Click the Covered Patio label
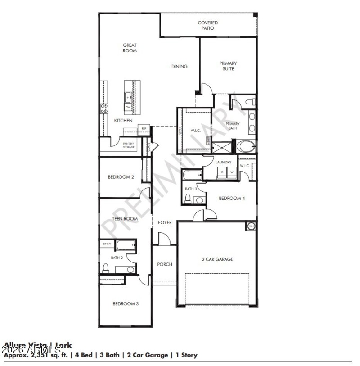[x=208, y=25]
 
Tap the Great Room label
[x=130, y=48]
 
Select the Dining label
[x=179, y=67]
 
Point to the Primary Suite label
[x=228, y=66]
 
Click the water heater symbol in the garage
[x=251, y=226]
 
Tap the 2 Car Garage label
[x=217, y=259]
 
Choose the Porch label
[x=165, y=264]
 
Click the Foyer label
[x=165, y=222]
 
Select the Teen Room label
[x=125, y=219]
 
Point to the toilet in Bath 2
[x=106, y=269]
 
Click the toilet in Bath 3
[x=188, y=198]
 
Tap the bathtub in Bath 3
[x=192, y=174]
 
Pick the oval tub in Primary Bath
[x=246, y=146]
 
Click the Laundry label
[x=223, y=162]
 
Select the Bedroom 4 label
[x=232, y=198]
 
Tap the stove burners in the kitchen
[x=104, y=108]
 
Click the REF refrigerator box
[x=144, y=129]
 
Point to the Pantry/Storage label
[x=128, y=145]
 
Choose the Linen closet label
[x=107, y=244]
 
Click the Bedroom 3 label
[x=126, y=304]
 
